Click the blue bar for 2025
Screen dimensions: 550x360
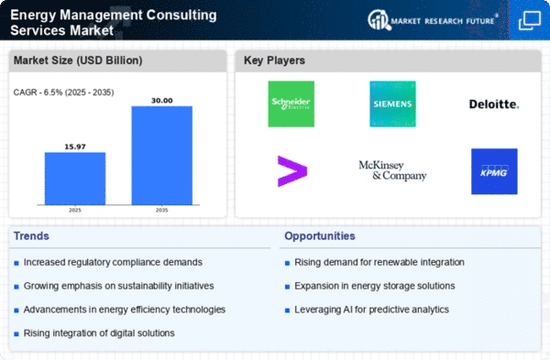point(75,179)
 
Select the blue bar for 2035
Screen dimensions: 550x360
point(161,156)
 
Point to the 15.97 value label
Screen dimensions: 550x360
point(75,147)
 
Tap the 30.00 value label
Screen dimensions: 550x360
point(161,101)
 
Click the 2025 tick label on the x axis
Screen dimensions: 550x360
point(75,210)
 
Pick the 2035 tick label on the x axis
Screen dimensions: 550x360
point(161,210)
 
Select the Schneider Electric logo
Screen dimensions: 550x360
point(291,104)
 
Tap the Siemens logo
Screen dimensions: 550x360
point(392,104)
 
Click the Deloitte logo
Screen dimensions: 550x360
point(494,104)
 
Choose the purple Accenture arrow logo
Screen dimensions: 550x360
point(292,171)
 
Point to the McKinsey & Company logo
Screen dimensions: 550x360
point(392,170)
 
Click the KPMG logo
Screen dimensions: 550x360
point(494,171)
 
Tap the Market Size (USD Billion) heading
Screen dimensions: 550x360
point(78,60)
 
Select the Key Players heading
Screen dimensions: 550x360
point(274,60)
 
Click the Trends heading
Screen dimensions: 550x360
point(31,236)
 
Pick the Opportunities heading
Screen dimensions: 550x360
point(320,236)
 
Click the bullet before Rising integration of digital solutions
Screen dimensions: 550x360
point(16,334)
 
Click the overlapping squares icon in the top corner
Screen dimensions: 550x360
point(530,20)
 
